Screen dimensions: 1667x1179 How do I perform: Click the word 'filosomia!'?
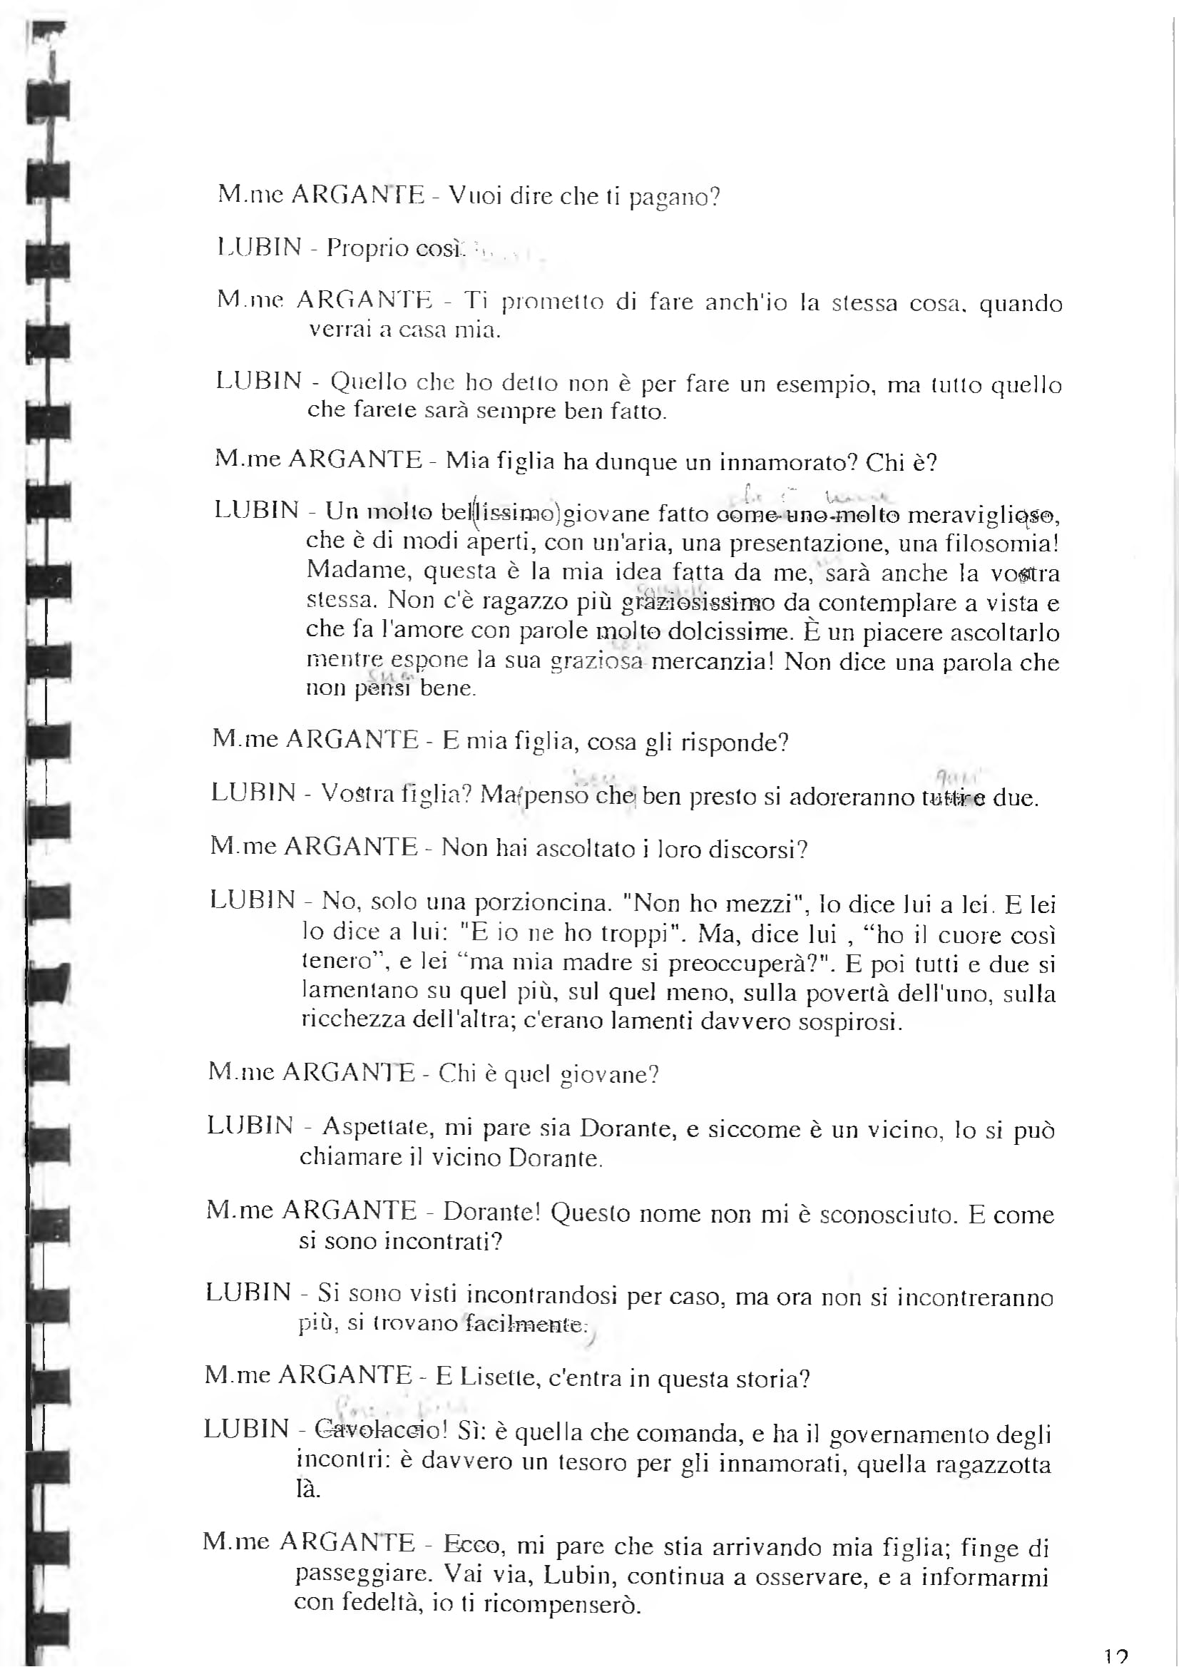click(1003, 543)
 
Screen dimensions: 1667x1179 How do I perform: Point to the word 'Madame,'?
click(359, 571)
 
